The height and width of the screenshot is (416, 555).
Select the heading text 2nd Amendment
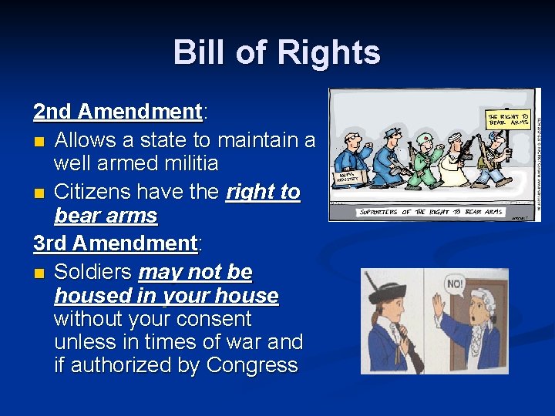click(116, 112)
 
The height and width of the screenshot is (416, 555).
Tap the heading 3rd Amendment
click(116, 243)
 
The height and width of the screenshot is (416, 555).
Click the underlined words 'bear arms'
click(106, 216)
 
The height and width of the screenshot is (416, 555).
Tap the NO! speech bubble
click(456, 283)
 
